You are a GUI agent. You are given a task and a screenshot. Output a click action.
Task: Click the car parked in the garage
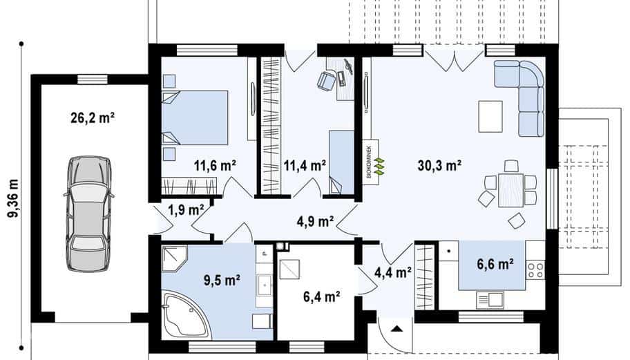pyautogui.click(x=88, y=214)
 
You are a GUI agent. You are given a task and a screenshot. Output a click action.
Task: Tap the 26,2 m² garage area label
pyautogui.click(x=93, y=118)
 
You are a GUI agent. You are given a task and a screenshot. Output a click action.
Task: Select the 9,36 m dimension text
pyautogui.click(x=13, y=198)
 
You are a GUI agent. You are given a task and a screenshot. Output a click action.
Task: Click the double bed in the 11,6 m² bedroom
pyautogui.click(x=195, y=117)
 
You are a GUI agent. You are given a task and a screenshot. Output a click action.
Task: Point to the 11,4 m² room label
pyautogui.click(x=305, y=165)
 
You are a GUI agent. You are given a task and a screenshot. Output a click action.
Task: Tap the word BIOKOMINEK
pyautogui.click(x=369, y=161)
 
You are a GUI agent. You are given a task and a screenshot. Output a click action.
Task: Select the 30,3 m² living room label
pyautogui.click(x=439, y=165)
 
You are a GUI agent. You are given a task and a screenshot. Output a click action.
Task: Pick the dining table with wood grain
pyautogui.click(x=510, y=190)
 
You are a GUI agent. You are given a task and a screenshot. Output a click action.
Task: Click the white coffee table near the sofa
pyautogui.click(x=490, y=117)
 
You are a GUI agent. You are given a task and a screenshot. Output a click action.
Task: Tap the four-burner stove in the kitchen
pyautogui.click(x=535, y=269)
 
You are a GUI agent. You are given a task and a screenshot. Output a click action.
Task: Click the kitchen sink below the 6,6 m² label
pyautogui.click(x=490, y=300)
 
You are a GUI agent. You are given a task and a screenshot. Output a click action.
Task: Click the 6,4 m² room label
pyautogui.click(x=322, y=297)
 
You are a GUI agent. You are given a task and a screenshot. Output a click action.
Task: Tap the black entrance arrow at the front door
pyautogui.click(x=397, y=329)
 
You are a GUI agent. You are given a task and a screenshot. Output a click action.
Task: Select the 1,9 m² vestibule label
pyautogui.click(x=186, y=209)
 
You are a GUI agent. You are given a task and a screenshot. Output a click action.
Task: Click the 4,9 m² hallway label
pyautogui.click(x=316, y=221)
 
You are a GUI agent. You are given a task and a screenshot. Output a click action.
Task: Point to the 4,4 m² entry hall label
pyautogui.click(x=392, y=272)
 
